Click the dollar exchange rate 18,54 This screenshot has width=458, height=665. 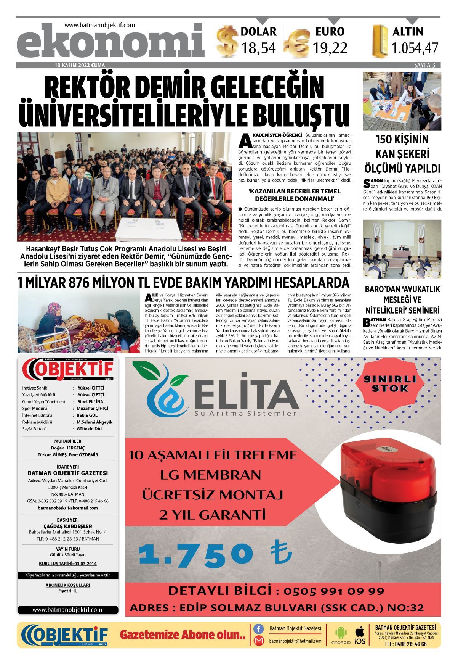point(258,48)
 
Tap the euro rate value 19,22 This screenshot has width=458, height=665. point(330,48)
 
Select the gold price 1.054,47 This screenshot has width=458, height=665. point(415,48)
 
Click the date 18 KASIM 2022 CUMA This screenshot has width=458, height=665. point(80,65)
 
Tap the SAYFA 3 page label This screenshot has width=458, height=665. point(424,65)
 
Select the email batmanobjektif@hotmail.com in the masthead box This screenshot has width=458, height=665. point(68,508)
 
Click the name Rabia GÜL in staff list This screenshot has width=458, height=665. point(87,415)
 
